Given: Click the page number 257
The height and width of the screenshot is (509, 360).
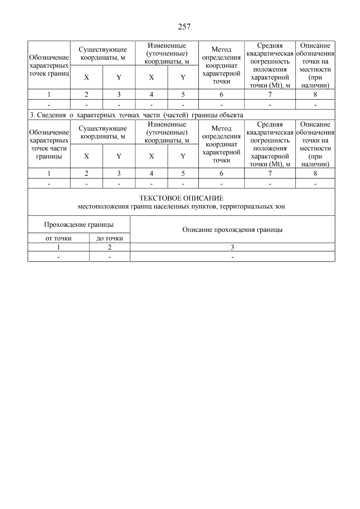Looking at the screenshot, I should point(184,27).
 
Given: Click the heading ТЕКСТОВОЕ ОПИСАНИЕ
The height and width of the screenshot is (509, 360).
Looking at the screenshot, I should point(181,198).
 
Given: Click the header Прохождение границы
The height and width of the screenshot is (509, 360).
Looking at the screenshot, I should point(79,225).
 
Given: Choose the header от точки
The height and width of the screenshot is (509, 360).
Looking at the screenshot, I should point(58,238).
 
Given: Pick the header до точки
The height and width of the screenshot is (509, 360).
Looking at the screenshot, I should point(109,238).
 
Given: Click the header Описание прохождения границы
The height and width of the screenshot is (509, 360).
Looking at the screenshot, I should point(232,230).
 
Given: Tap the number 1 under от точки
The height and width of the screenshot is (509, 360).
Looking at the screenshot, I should point(58,247).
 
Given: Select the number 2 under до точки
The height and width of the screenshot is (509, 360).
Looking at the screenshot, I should point(109,247).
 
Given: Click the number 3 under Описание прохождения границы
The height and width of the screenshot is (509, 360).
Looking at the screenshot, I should point(232,247).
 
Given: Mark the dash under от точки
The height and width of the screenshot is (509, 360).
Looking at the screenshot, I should point(58,257).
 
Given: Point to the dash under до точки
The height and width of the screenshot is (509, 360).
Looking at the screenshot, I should point(109,257).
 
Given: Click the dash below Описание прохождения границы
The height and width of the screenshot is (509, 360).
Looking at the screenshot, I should point(232,257).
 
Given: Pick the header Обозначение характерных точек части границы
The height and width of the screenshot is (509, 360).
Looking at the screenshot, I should point(49,144).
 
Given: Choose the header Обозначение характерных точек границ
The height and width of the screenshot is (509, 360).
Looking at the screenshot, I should point(49,65).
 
